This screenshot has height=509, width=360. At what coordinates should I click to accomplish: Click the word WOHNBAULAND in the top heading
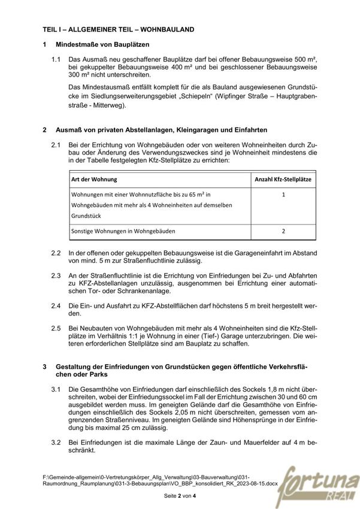tap(168, 29)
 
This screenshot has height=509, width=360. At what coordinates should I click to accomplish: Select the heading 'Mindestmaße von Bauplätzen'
tap(102, 45)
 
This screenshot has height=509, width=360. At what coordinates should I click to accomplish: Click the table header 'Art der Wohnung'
tap(94, 179)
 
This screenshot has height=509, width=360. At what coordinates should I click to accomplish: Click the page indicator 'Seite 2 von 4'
tap(180, 497)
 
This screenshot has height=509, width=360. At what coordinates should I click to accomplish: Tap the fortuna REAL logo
tap(324, 481)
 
